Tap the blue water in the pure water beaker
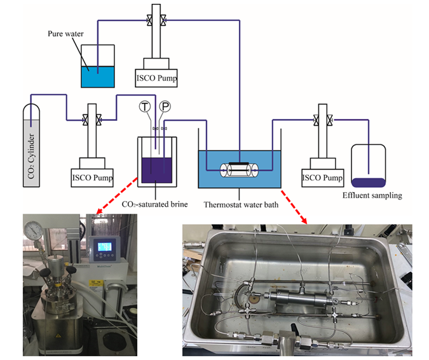click(98, 76)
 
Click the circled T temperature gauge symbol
click(145, 107)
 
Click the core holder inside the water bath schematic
click(240, 170)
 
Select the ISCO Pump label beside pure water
click(156, 79)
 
